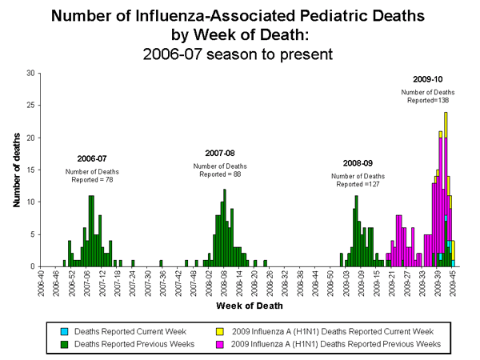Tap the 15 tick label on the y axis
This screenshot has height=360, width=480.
(x=30, y=170)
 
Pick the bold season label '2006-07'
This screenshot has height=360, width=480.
(x=91, y=159)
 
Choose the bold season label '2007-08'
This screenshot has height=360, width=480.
(x=221, y=153)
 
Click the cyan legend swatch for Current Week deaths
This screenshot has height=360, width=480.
(x=65, y=330)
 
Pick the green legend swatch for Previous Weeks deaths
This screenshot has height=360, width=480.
(x=65, y=344)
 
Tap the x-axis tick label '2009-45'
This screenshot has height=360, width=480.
(x=453, y=284)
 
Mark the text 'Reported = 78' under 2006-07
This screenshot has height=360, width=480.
(x=93, y=180)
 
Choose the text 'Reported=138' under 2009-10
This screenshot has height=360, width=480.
(x=422, y=102)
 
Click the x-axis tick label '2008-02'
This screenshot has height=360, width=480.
(x=210, y=284)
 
